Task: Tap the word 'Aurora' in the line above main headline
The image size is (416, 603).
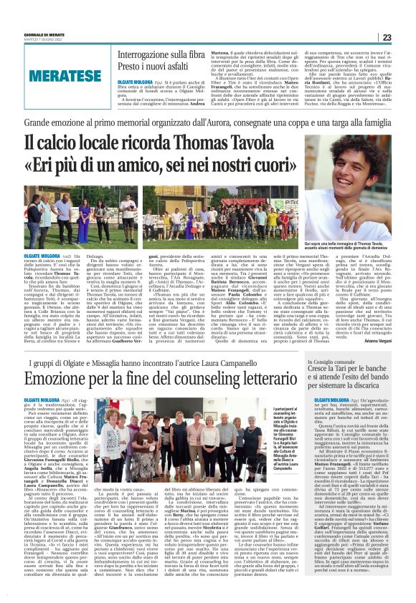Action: pyautogui.click(x=240, y=124)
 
